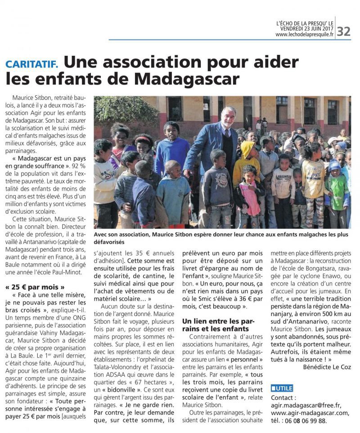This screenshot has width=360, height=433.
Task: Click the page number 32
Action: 344,31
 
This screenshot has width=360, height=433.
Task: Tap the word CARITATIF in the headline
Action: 31,63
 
